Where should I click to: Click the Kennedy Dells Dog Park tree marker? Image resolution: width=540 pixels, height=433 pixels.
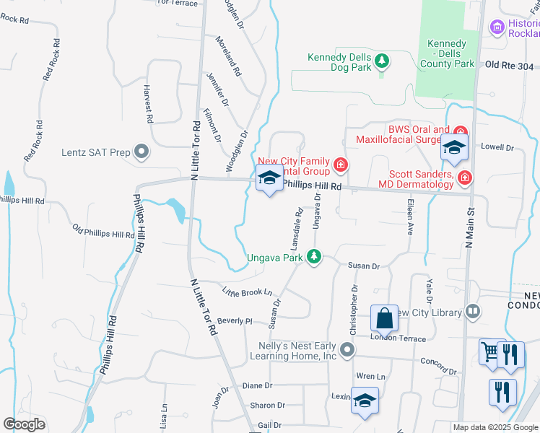382,63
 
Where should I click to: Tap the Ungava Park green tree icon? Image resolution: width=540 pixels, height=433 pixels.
313,257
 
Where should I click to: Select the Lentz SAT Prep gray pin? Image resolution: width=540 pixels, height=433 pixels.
141,152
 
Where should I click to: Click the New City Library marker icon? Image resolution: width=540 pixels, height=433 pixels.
473,312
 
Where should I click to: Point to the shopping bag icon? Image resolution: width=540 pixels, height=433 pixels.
384,318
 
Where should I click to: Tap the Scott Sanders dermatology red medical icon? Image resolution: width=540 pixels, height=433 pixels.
465,177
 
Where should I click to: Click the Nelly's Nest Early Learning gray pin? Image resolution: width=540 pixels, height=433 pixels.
347,351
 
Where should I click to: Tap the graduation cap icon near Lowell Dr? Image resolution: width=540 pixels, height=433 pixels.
454,148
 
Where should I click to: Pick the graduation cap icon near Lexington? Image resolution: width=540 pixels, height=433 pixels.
365,401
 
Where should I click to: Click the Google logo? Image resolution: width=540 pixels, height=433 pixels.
25,424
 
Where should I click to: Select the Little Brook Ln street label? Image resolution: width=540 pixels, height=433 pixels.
247,292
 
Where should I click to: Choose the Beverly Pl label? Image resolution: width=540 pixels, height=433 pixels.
235,320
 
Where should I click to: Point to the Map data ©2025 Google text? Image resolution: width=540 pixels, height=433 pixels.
495,427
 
